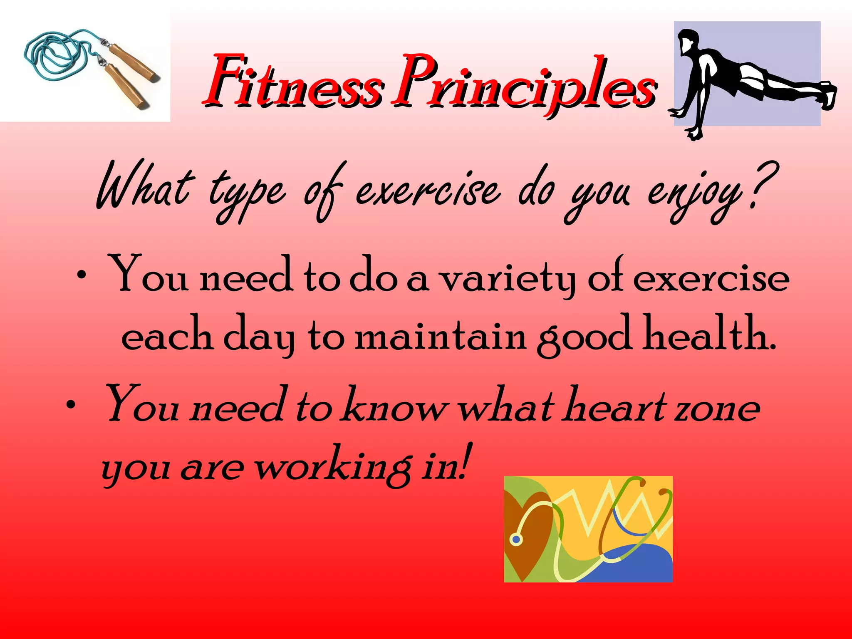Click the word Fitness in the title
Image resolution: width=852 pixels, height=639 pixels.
point(291,81)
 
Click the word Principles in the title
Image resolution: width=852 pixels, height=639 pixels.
point(524,83)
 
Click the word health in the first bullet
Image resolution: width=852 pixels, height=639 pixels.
point(707,335)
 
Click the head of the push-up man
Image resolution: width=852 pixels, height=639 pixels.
point(688,42)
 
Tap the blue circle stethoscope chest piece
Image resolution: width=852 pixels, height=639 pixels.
point(516,540)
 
